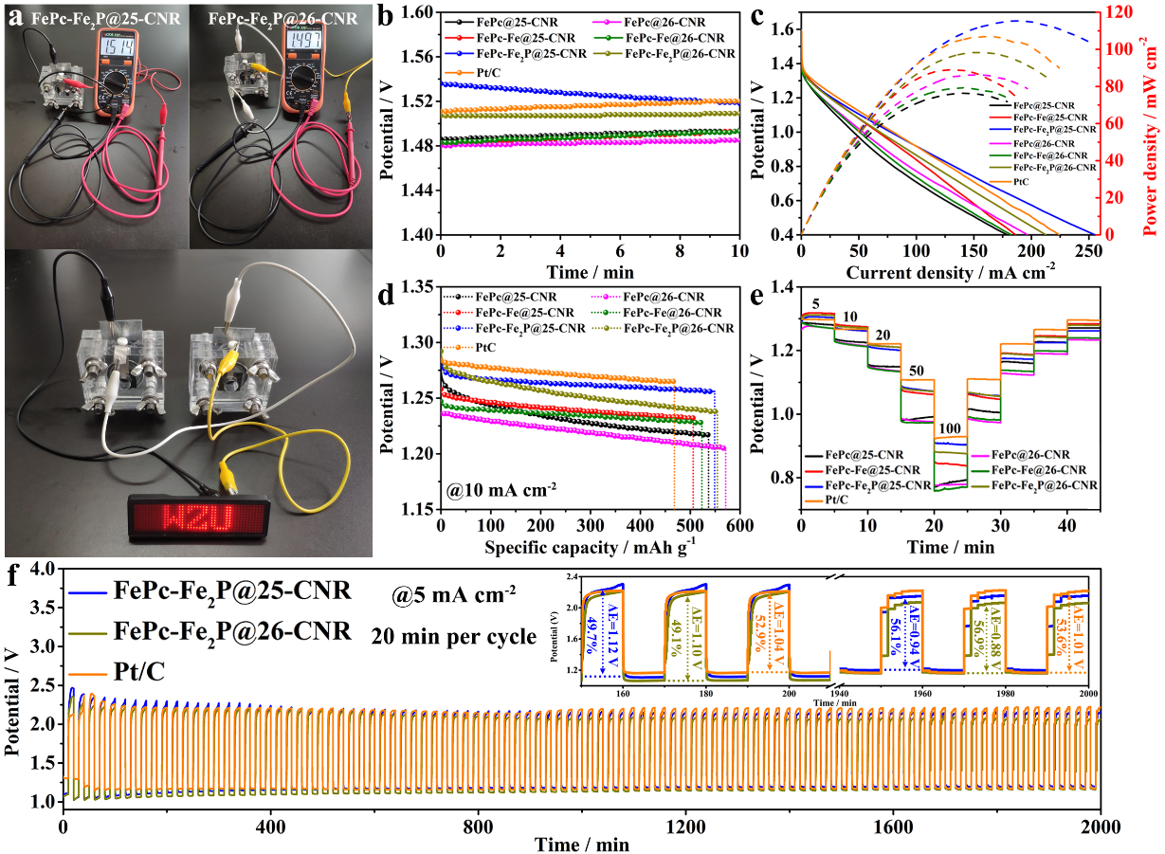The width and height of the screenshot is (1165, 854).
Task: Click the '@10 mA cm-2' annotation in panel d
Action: pos(501,491)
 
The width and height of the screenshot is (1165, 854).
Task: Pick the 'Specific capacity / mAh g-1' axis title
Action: pos(589,547)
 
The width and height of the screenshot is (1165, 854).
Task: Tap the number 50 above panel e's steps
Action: pos(916,368)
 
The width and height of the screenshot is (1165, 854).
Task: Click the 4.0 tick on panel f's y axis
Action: pos(41,570)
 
